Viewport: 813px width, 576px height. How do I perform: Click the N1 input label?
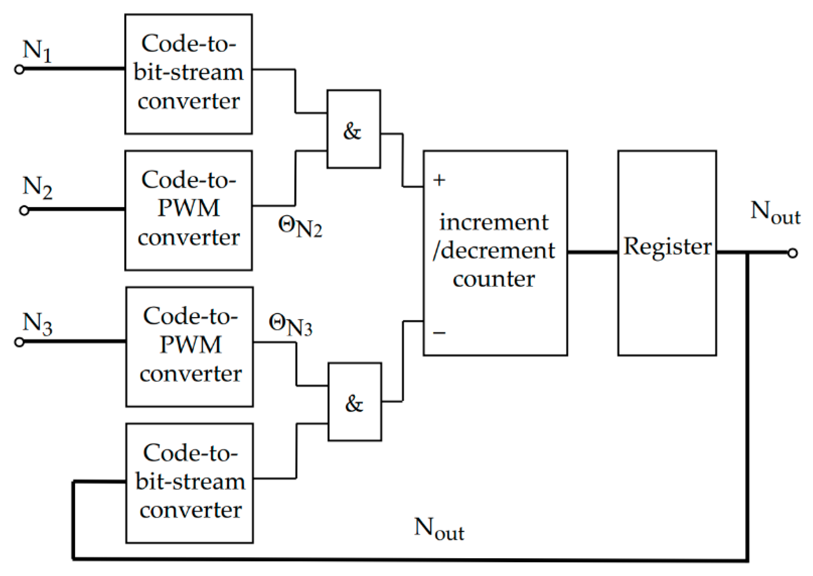point(37,51)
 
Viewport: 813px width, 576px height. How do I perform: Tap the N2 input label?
point(37,187)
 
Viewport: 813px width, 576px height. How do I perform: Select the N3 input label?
point(37,324)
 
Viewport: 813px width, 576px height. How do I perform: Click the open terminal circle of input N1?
point(19,69)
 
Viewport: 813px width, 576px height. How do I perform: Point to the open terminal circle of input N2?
point(24,210)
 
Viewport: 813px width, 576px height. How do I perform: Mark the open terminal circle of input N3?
point(19,342)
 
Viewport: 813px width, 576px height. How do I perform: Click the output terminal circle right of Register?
point(792,253)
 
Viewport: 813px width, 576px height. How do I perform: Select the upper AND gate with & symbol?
point(353,129)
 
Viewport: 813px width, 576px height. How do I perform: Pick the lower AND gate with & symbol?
point(355,402)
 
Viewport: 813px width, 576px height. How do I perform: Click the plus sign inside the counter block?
point(439,181)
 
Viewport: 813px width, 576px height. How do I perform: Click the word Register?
point(667,247)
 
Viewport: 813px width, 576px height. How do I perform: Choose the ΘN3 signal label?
point(290,325)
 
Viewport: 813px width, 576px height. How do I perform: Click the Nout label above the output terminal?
point(775,213)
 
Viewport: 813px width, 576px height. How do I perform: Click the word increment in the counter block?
point(493,222)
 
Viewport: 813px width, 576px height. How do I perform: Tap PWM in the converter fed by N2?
point(188,208)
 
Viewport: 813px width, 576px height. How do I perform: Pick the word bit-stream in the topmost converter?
point(188,72)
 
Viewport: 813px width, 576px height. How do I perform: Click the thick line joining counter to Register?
point(592,252)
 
